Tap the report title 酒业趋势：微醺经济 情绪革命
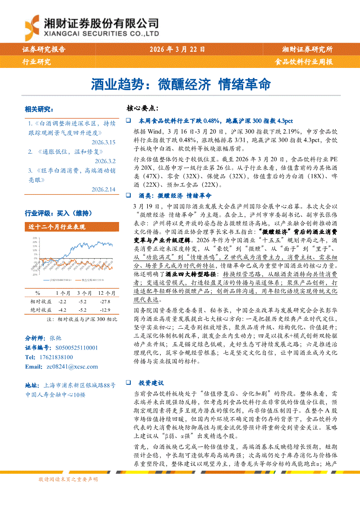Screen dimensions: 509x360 tap(180, 84)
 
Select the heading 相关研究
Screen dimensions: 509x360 tap(39, 109)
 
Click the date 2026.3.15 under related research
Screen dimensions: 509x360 tap(103, 142)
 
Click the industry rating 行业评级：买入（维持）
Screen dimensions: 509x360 tap(59, 213)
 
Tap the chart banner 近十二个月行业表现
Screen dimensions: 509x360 tap(57, 227)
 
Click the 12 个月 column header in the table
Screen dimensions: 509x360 tap(107, 293)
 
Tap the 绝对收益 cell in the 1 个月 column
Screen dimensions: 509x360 tap(62, 310)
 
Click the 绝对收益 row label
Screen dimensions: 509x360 tap(40, 310)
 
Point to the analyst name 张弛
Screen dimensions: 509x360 tap(55, 337)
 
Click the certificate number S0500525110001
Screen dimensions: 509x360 tap(77, 347)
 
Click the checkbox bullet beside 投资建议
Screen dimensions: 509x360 tap(129, 382)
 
